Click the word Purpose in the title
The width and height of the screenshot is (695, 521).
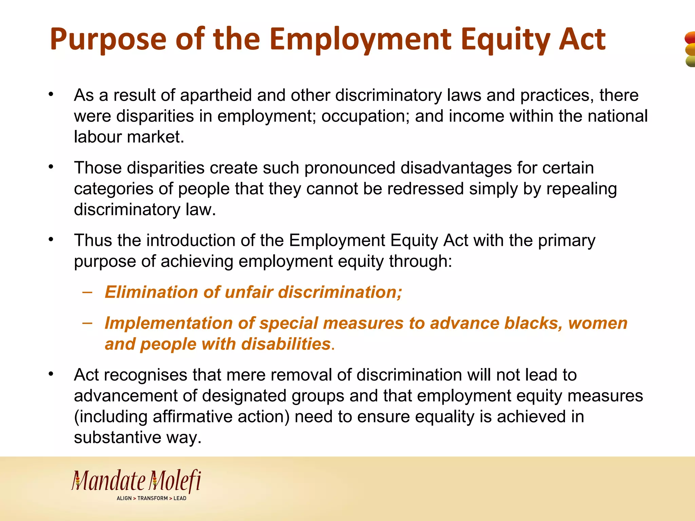(108, 39)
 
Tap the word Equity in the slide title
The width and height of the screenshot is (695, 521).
(505, 39)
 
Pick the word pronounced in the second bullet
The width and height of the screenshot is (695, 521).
(350, 168)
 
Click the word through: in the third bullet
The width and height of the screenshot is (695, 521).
(420, 262)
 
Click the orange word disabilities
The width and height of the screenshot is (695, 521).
(286, 344)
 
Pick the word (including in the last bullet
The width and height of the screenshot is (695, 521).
(111, 417)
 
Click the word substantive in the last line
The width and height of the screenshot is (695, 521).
(117, 438)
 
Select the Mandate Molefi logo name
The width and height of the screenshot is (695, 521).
(136, 481)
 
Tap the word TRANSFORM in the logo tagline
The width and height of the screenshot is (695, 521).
(152, 498)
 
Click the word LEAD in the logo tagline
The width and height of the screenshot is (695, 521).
(180, 498)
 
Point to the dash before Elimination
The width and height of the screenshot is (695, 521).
(87, 292)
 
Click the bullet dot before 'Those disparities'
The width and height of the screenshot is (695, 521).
(51, 167)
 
